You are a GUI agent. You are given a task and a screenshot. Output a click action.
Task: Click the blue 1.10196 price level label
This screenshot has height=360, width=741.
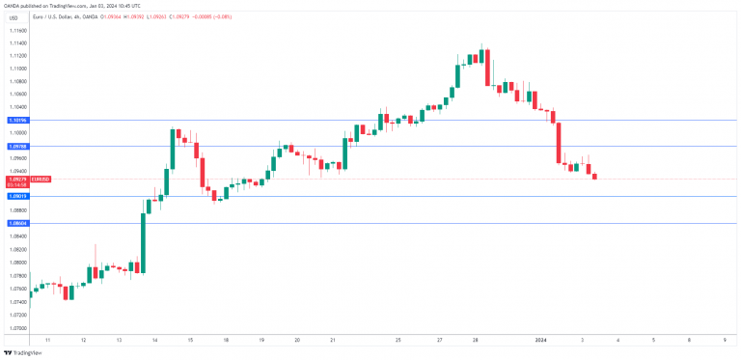(14, 120)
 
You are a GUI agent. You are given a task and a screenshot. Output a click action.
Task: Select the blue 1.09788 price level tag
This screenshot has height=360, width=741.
(14, 146)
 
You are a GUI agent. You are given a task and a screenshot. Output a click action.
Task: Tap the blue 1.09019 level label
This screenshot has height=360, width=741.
(14, 196)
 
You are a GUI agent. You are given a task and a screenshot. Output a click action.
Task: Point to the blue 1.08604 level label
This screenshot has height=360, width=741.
(14, 223)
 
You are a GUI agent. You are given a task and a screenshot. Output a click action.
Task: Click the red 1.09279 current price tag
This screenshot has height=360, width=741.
(14, 180)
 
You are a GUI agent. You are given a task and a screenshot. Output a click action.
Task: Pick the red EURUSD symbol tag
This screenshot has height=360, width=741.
(40, 180)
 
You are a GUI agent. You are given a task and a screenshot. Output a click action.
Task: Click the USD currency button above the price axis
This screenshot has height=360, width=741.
(14, 32)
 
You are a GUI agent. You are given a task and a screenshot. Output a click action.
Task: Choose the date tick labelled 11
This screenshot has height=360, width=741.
(48, 341)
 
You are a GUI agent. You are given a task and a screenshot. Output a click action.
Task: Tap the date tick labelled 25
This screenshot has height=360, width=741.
(398, 341)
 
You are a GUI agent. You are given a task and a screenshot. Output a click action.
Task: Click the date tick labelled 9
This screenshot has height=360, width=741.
(725, 341)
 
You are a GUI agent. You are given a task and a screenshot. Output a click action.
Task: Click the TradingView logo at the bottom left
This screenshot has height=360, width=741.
(23, 352)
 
